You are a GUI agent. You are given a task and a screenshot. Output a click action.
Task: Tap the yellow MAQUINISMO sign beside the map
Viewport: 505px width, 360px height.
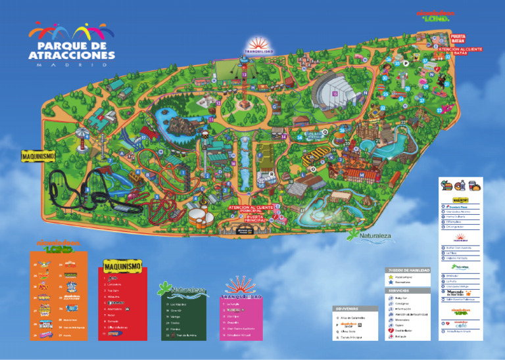pyautogui.click(x=37, y=157)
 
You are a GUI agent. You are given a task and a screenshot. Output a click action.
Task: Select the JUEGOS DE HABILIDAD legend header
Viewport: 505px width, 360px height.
pyautogui.click(x=408, y=270)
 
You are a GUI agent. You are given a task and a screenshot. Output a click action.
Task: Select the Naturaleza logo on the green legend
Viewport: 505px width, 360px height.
pyautogui.click(x=182, y=288)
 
